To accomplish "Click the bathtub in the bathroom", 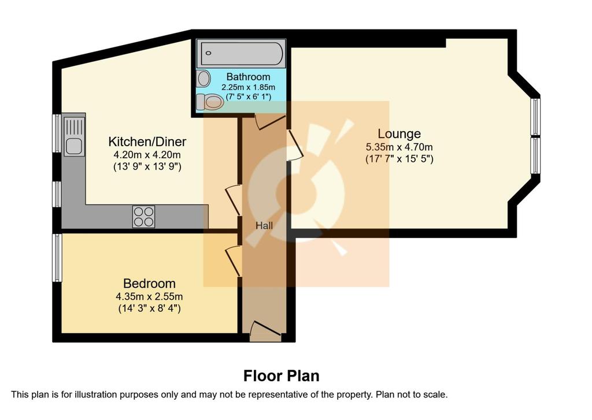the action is click(242, 54).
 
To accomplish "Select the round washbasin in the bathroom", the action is click(204, 79).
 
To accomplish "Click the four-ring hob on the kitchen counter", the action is click(144, 217).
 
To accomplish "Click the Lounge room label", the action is click(399, 134).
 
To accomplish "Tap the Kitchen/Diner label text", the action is click(147, 142).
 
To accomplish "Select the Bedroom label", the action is click(150, 284).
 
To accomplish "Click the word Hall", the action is click(264, 226).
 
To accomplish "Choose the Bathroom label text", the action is click(248, 77).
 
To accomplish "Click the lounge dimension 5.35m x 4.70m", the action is click(399, 147).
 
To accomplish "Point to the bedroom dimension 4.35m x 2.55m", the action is click(150, 296).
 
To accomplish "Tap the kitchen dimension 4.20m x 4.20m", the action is click(147, 155).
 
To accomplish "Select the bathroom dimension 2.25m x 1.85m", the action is click(248, 87).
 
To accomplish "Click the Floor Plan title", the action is click(282, 376).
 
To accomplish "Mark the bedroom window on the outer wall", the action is click(57, 258).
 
